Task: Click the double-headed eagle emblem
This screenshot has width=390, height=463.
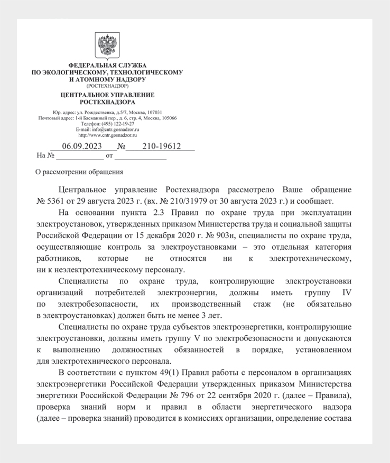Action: (x=107, y=46)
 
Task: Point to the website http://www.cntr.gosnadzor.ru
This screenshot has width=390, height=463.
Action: (x=107, y=135)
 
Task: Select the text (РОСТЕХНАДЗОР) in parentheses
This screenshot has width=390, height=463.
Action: (x=107, y=86)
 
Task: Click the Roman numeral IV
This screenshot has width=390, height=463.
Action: (x=346, y=292)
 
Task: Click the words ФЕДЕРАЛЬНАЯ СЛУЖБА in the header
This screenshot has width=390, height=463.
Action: (x=107, y=65)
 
